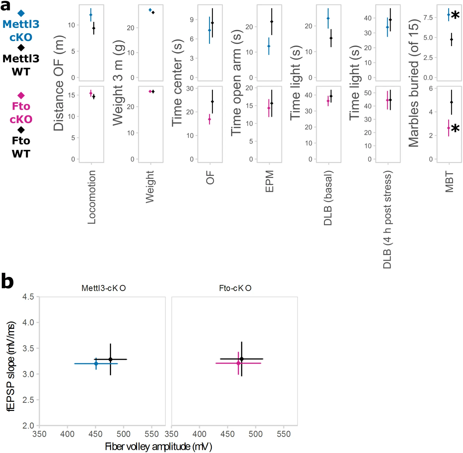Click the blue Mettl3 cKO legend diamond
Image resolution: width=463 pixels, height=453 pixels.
(21, 13)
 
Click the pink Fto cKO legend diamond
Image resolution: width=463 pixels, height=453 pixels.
(21, 95)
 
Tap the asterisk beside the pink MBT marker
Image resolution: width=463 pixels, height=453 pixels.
(455, 129)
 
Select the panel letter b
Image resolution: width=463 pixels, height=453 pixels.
(7, 281)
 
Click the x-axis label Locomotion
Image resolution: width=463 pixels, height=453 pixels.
(92, 197)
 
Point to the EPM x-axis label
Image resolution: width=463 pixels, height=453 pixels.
(269, 181)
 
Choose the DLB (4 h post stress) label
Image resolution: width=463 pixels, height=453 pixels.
(387, 219)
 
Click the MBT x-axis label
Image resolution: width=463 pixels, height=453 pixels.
(449, 181)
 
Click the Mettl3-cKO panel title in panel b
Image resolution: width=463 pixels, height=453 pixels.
(103, 288)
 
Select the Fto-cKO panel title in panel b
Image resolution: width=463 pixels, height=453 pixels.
(235, 288)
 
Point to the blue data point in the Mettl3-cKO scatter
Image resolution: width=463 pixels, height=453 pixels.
(96, 364)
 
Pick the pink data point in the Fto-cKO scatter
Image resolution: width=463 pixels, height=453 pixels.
(238, 363)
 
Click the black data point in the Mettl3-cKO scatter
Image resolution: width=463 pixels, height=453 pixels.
(110, 359)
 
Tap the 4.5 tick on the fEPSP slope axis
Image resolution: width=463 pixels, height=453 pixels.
(28, 297)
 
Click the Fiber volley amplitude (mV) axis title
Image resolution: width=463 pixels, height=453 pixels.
(158, 446)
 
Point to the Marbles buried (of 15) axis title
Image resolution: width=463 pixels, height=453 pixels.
(413, 83)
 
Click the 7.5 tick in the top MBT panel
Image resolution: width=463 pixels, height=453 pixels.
(428, 18)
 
